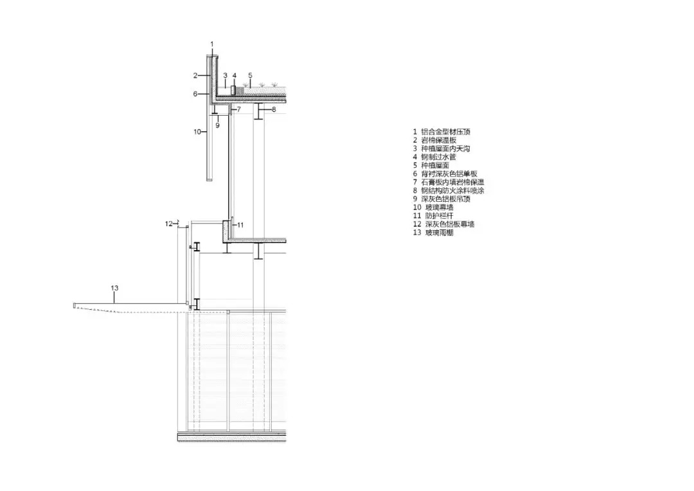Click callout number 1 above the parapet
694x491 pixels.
pyautogui.click(x=212, y=44)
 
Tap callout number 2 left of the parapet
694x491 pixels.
pyautogui.click(x=195, y=75)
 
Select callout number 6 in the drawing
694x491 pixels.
pyautogui.click(x=195, y=94)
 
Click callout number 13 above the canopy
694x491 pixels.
pyautogui.click(x=114, y=289)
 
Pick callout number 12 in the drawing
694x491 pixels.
pyautogui.click(x=168, y=224)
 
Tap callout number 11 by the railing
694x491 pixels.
pyautogui.click(x=240, y=225)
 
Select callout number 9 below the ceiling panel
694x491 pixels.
pyautogui.click(x=217, y=125)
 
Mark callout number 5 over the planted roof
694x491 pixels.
pyautogui.click(x=250, y=75)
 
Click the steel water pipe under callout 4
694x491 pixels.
pyautogui.click(x=234, y=90)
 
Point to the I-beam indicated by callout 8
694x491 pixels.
pyautogui.click(x=258, y=111)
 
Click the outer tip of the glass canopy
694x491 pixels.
pyautogui.click(x=75, y=305)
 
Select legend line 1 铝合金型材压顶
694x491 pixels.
pyautogui.click(x=443, y=132)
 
